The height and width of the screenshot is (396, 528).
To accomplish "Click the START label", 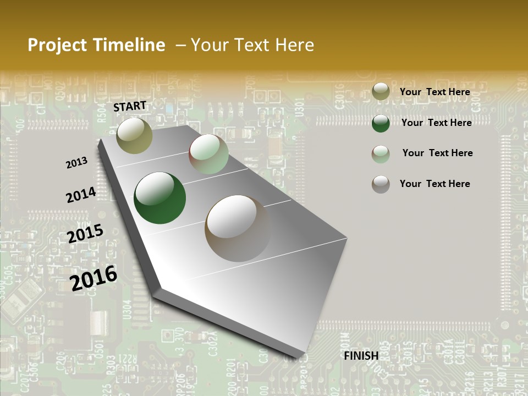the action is click(x=130, y=106).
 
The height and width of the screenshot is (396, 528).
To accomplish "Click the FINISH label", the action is click(x=361, y=356).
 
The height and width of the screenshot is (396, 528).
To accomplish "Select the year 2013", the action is click(x=76, y=163).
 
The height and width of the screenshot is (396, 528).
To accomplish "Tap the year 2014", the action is click(x=81, y=195).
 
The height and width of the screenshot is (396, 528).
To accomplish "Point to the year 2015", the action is click(x=85, y=234).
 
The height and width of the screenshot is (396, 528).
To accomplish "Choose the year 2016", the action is click(x=94, y=278).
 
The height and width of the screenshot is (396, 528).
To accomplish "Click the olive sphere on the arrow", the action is click(x=134, y=135).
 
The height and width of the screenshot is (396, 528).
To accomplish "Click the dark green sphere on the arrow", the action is click(x=159, y=198).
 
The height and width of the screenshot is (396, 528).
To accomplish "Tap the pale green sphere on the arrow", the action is click(x=208, y=154).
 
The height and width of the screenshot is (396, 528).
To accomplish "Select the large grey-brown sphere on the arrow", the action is click(x=238, y=228).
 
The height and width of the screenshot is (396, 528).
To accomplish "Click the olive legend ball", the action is click(x=381, y=91).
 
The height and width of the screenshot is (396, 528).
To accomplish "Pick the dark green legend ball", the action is click(x=381, y=123).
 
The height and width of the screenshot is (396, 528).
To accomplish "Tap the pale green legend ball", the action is click(x=381, y=153).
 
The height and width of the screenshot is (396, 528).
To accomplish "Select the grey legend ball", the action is click(x=381, y=184).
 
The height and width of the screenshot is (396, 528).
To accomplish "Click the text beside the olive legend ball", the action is click(x=435, y=92).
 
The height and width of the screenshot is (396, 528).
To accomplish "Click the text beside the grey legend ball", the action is click(x=435, y=184).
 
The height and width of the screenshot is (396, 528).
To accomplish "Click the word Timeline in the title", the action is click(x=130, y=45).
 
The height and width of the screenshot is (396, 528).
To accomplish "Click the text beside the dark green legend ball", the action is click(x=436, y=123).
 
